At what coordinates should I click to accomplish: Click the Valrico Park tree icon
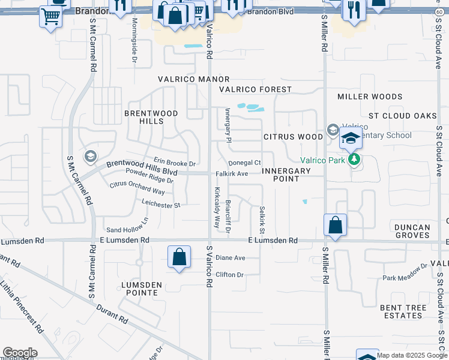(355, 160)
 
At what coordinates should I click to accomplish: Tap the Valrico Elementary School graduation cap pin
(351, 139)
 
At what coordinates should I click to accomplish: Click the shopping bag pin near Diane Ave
(179, 257)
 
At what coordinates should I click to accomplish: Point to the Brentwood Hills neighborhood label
(143, 117)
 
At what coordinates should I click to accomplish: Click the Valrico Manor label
(194, 79)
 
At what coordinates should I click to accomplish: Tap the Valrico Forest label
(255, 89)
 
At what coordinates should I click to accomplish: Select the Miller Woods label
(370, 97)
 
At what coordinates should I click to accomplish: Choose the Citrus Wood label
(294, 137)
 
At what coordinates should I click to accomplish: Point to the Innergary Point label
(286, 175)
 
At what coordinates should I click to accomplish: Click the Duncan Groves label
(412, 231)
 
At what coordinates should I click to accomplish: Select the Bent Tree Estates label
(402, 311)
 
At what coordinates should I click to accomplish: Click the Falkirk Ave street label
(232, 174)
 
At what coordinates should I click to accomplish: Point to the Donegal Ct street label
(245, 163)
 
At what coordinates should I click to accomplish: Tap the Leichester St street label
(161, 205)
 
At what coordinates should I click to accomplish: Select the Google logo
(20, 353)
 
